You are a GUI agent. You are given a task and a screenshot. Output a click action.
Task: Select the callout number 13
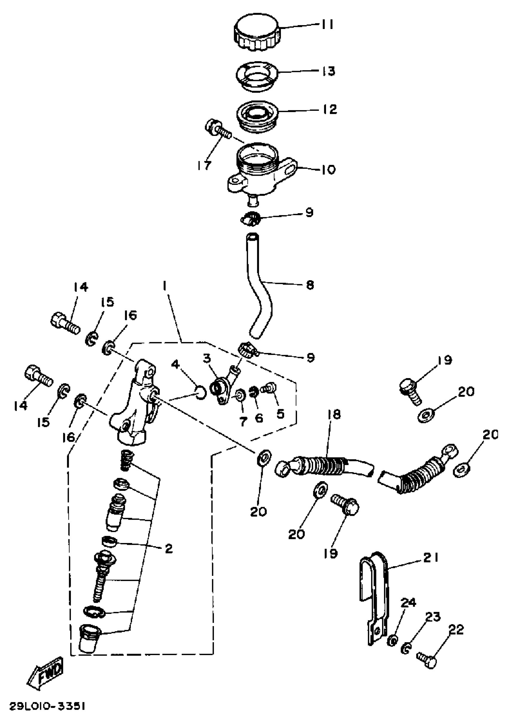point(328,71)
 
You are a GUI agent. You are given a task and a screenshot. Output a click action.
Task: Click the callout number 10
point(328,170)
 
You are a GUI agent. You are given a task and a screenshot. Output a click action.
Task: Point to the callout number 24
point(408,603)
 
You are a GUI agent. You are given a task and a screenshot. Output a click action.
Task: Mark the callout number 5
point(280,414)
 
